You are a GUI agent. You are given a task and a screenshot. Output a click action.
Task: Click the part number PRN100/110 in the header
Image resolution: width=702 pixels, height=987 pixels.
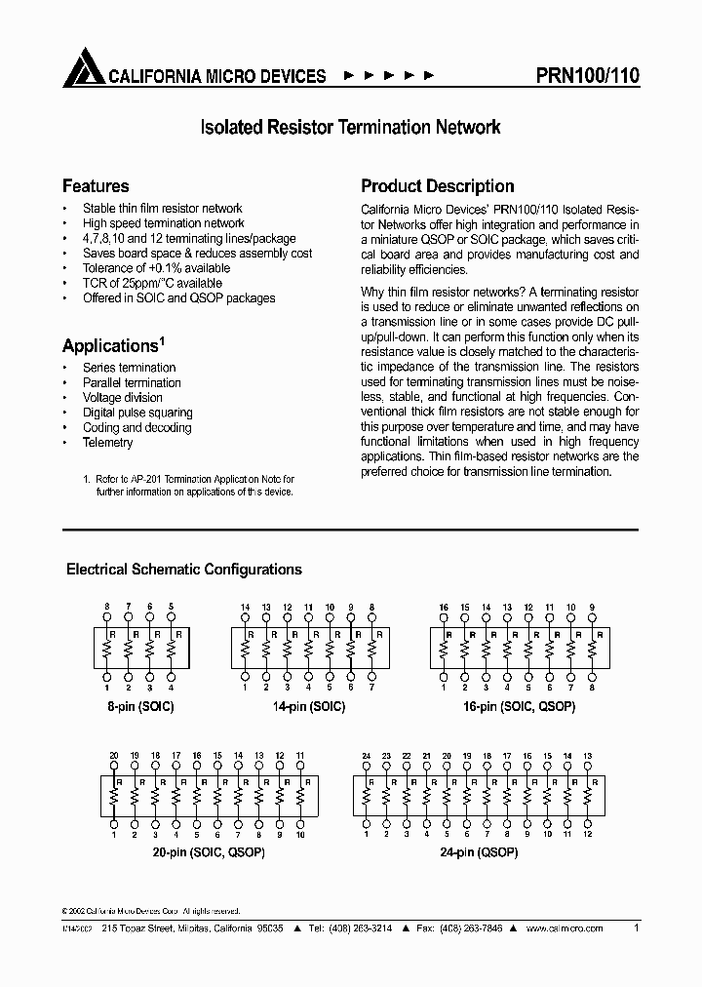(588, 75)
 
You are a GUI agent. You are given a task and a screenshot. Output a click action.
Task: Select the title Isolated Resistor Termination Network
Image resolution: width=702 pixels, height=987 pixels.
(350, 127)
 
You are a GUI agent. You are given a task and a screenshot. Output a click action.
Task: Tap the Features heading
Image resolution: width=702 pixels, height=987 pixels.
(96, 185)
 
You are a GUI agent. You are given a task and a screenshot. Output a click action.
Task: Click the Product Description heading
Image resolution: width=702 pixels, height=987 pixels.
(437, 185)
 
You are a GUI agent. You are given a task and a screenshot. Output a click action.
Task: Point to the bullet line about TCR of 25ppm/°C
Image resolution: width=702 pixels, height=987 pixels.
(152, 283)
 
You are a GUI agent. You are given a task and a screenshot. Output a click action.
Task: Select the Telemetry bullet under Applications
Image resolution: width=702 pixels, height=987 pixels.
(107, 443)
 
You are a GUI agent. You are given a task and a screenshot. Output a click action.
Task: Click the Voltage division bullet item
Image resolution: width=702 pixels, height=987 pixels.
(123, 398)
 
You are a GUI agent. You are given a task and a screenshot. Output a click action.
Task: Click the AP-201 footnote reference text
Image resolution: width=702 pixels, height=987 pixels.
(188, 479)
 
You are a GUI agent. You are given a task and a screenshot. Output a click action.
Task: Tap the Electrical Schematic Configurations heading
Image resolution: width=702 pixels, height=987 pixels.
(183, 570)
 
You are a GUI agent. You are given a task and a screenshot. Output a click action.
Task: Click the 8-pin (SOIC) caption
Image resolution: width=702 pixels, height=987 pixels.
(140, 706)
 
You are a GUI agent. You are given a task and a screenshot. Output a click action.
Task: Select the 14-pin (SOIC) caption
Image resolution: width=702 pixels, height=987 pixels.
(309, 706)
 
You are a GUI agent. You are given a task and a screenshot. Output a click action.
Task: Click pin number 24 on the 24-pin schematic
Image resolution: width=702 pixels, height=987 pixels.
(367, 755)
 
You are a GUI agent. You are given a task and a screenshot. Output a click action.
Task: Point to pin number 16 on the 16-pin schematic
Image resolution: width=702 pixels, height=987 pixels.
(444, 608)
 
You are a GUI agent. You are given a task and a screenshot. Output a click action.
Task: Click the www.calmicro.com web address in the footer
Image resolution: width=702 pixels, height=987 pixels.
(561, 929)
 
